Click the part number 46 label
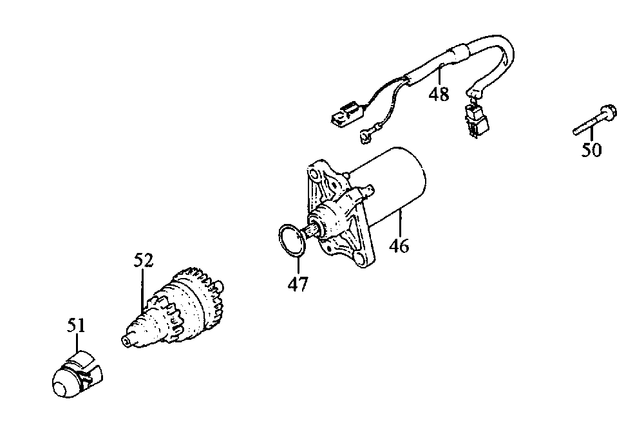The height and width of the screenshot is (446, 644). (x=400, y=245)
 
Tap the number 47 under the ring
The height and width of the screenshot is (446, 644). (x=298, y=283)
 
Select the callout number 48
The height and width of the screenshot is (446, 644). (x=439, y=95)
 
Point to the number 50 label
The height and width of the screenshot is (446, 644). (x=592, y=150)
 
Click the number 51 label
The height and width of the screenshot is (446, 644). (x=76, y=326)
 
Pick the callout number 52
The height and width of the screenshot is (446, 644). (x=144, y=261)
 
